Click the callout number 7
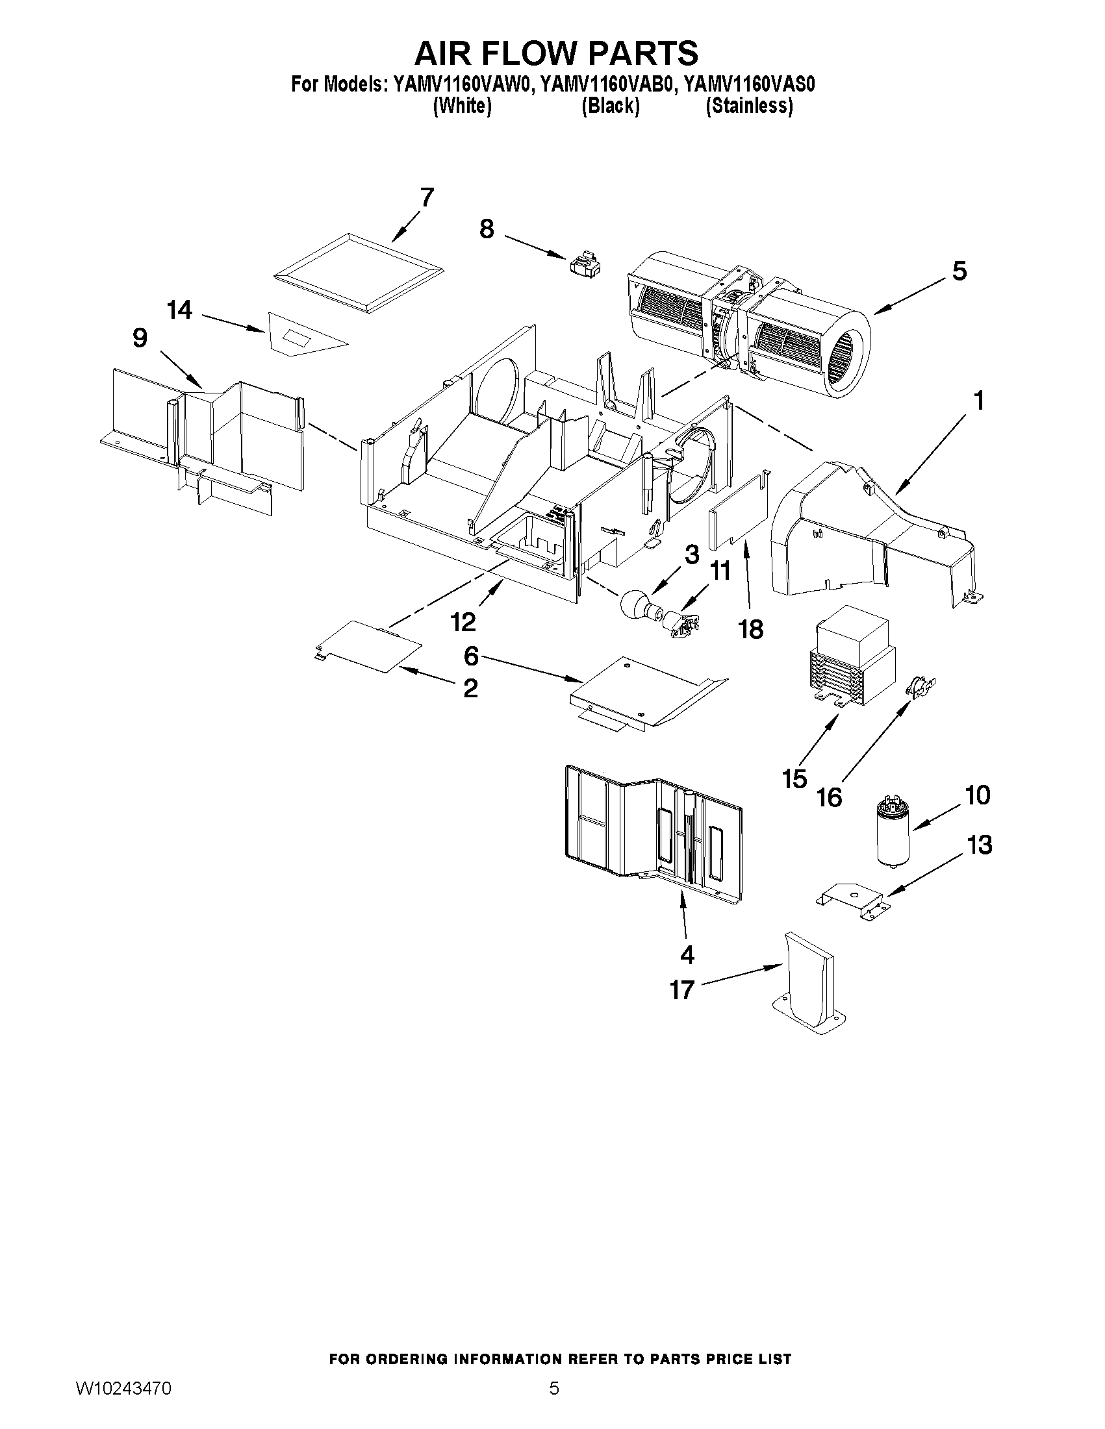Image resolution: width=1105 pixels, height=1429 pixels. point(426,197)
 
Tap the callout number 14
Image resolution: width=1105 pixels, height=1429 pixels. point(179,310)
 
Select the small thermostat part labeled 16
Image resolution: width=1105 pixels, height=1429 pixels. point(920,685)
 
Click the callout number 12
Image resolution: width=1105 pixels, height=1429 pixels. point(463,621)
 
